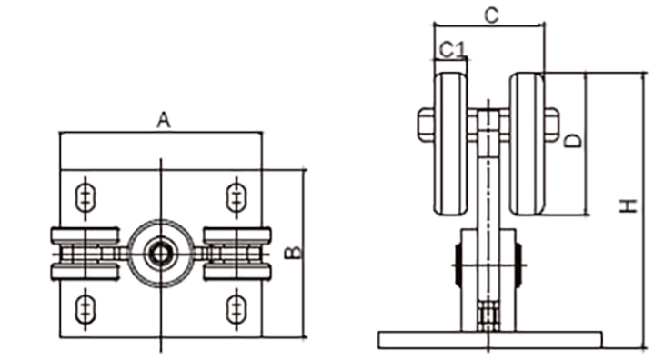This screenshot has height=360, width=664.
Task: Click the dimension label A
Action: [164, 120]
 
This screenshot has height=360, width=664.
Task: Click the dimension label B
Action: [294, 252]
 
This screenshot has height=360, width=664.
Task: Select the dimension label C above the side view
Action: [491, 15]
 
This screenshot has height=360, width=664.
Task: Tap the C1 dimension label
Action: [453, 49]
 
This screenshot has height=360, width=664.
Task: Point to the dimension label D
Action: [573, 141]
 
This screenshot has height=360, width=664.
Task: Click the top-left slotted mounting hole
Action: [86, 197]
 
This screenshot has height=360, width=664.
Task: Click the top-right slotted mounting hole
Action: [236, 197]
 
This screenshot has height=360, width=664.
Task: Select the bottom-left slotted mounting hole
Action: [86, 310]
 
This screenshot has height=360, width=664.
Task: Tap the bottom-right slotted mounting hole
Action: [236, 310]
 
